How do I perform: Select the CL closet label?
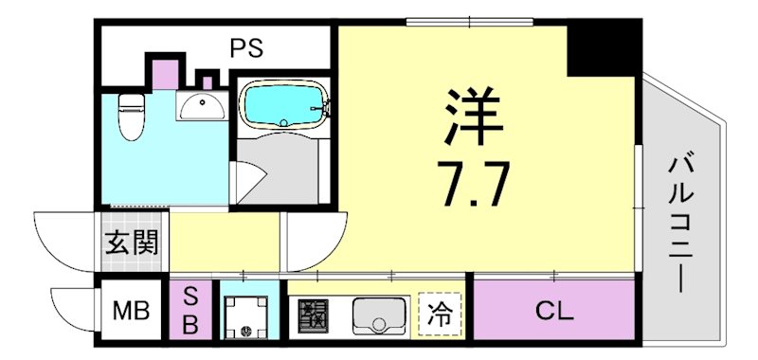click(552, 309)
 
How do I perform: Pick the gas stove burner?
click(314, 314)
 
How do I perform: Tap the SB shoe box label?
click(189, 310)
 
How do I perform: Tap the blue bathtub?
click(282, 104)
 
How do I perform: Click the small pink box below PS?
click(164, 71)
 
